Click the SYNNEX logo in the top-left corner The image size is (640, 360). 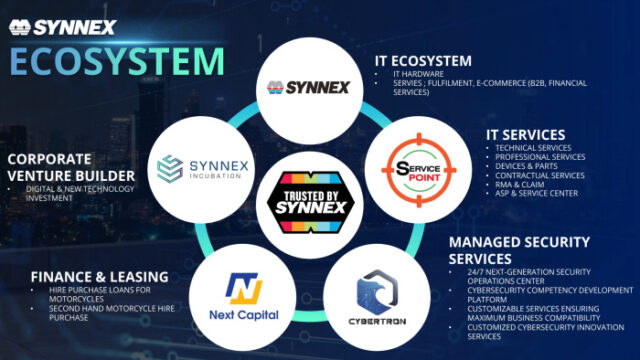(x=61, y=25)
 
